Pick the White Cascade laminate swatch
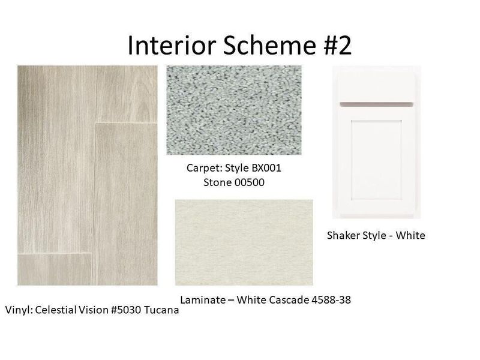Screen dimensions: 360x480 click(244, 242)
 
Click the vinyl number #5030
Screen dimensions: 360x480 click(122, 311)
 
